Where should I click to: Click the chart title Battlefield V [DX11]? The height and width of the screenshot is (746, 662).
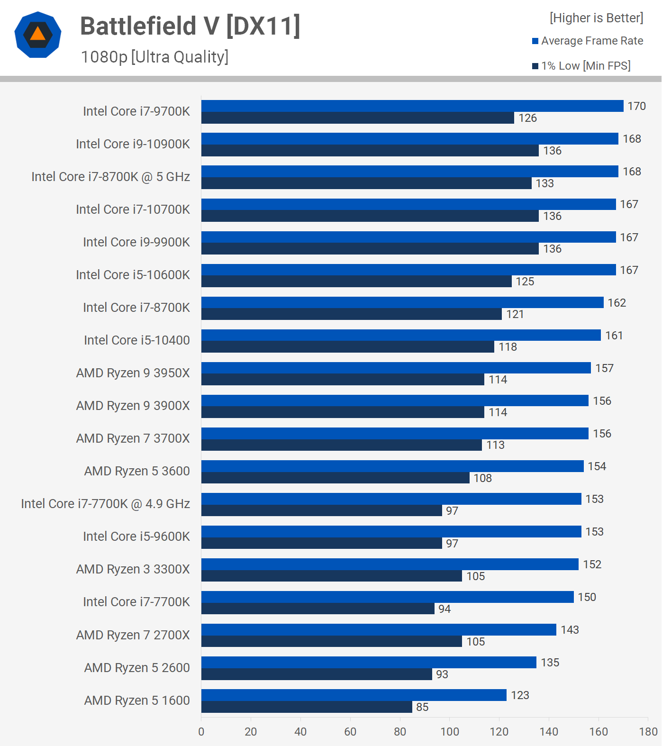click(190, 26)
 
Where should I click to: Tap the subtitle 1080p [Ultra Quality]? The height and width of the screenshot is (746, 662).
click(154, 57)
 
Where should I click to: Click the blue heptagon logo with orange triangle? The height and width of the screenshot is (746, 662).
click(38, 35)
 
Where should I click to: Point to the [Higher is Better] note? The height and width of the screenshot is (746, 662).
click(596, 18)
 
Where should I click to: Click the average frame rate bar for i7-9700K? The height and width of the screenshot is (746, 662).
click(412, 106)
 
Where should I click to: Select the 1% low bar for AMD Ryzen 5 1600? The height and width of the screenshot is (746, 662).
click(307, 707)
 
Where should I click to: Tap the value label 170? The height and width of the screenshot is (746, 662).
click(636, 106)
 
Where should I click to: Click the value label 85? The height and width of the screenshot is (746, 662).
click(422, 707)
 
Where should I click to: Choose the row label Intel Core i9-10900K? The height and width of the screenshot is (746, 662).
click(133, 144)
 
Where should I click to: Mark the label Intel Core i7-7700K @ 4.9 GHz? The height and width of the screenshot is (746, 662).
click(105, 504)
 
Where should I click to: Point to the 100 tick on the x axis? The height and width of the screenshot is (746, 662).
click(450, 732)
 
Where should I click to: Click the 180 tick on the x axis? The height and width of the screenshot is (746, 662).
click(648, 732)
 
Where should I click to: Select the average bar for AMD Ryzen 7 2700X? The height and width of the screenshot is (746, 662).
click(379, 629)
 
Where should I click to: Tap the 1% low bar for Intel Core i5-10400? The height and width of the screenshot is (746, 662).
click(348, 347)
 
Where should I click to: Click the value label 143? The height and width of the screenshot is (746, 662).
click(570, 630)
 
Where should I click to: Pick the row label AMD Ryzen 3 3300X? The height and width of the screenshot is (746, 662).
click(133, 569)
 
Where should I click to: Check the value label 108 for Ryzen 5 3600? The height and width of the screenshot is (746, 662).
click(482, 478)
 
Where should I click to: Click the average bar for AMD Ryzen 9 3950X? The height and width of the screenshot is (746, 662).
click(396, 368)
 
